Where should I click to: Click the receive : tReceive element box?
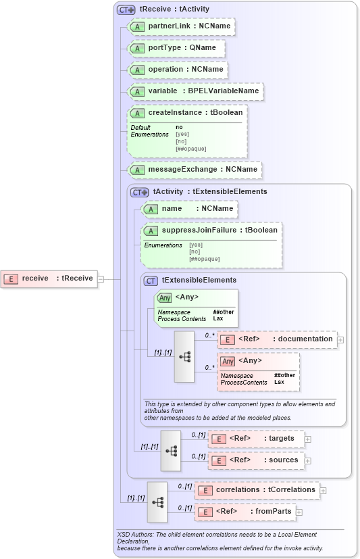click(49, 278)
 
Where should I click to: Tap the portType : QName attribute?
click(176, 48)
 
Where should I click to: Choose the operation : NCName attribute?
click(177, 70)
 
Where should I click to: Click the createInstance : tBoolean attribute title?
click(187, 113)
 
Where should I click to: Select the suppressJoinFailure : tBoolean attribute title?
click(212, 230)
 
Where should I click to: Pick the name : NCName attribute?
click(189, 209)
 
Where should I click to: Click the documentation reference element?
click(278, 339)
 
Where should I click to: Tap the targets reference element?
click(256, 439)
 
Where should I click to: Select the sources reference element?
click(256, 461)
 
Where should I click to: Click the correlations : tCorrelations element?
click(257, 490)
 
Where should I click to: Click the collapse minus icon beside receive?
click(101, 278)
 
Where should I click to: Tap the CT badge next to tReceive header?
click(126, 10)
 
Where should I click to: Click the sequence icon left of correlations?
click(157, 502)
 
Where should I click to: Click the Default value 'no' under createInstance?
click(179, 127)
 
